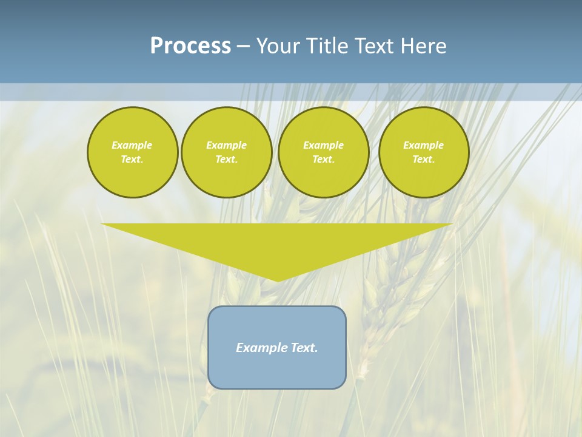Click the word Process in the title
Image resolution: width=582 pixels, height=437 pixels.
point(190,46)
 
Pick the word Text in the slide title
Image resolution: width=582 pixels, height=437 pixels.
point(375,46)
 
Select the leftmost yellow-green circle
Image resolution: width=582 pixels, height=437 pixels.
point(132,152)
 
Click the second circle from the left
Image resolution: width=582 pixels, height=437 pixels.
point(226,152)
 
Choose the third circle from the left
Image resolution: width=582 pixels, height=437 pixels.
point(323,152)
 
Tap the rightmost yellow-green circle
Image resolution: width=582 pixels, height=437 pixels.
point(424,152)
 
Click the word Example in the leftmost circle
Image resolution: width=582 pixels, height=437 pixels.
point(132,145)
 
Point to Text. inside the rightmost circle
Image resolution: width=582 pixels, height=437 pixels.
point(424,160)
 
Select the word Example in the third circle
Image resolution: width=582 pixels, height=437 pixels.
point(323,145)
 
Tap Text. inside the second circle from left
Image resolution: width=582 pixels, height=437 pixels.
point(226,160)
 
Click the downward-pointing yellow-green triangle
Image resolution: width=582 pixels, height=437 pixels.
point(277,243)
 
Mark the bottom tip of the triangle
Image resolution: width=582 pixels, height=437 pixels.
point(277,280)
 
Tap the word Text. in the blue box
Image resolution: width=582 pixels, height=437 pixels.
point(303,348)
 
